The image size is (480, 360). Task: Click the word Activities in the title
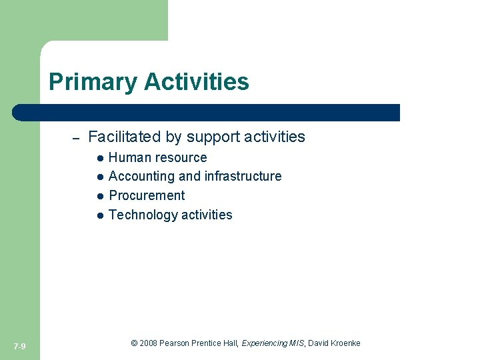pyautogui.click(x=197, y=82)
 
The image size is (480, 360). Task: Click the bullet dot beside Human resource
pyautogui.click(x=99, y=158)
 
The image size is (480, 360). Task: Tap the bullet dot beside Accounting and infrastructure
pyautogui.click(x=99, y=177)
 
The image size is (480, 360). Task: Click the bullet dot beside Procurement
pyautogui.click(x=99, y=197)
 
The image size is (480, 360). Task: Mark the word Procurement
pyautogui.click(x=147, y=195)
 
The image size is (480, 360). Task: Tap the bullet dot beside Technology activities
pyautogui.click(x=99, y=215)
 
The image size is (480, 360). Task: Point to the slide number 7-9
pyautogui.click(x=19, y=346)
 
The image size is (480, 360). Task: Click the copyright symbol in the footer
pyautogui.click(x=134, y=343)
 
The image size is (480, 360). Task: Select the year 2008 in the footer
pyautogui.click(x=149, y=343)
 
